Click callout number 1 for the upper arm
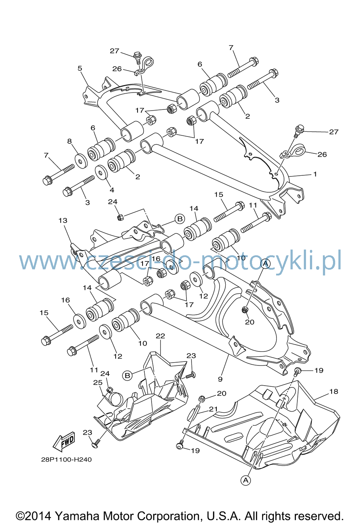click(x=315, y=174)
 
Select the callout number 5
click(x=80, y=68)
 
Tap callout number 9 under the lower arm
click(x=220, y=379)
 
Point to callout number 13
click(x=63, y=220)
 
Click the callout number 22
click(x=160, y=336)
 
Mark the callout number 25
click(x=98, y=382)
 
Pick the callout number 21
click(x=213, y=409)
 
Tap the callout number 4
click(x=112, y=190)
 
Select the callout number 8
click(x=69, y=141)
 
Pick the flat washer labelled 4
click(x=102, y=173)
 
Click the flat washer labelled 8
click(x=81, y=161)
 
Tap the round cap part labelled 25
click(x=117, y=399)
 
